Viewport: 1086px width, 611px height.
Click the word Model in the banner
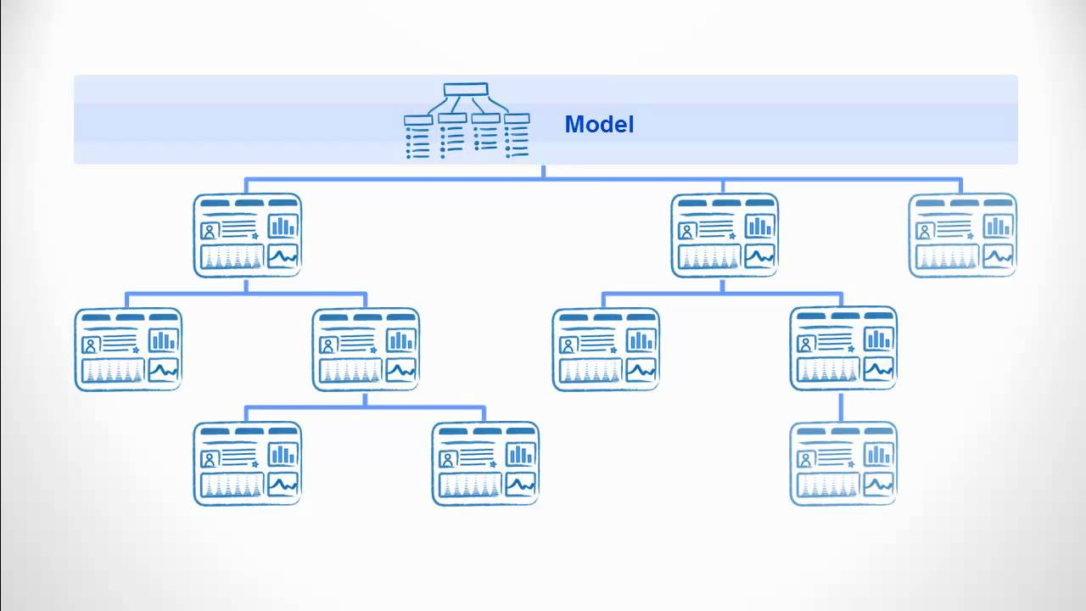(599, 125)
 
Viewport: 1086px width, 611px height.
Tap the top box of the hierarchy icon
(466, 89)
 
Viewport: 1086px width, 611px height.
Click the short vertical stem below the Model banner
(544, 171)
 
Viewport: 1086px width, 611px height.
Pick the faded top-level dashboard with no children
(962, 235)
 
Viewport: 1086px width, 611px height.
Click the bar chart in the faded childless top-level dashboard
(998, 226)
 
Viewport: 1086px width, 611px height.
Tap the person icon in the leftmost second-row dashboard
(91, 345)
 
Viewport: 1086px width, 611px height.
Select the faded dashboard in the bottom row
(843, 464)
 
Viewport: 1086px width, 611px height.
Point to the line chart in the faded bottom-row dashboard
(878, 484)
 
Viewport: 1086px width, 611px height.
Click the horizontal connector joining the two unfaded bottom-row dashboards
(365, 408)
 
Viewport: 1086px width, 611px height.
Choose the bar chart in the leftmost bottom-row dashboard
(283, 454)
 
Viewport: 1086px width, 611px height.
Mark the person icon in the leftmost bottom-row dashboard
(210, 459)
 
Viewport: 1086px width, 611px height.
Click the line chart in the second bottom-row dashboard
(521, 484)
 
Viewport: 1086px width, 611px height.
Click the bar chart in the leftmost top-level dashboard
(283, 226)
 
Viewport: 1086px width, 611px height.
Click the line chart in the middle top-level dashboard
(760, 255)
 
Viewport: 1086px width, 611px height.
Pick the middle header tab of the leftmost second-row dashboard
(130, 317)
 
